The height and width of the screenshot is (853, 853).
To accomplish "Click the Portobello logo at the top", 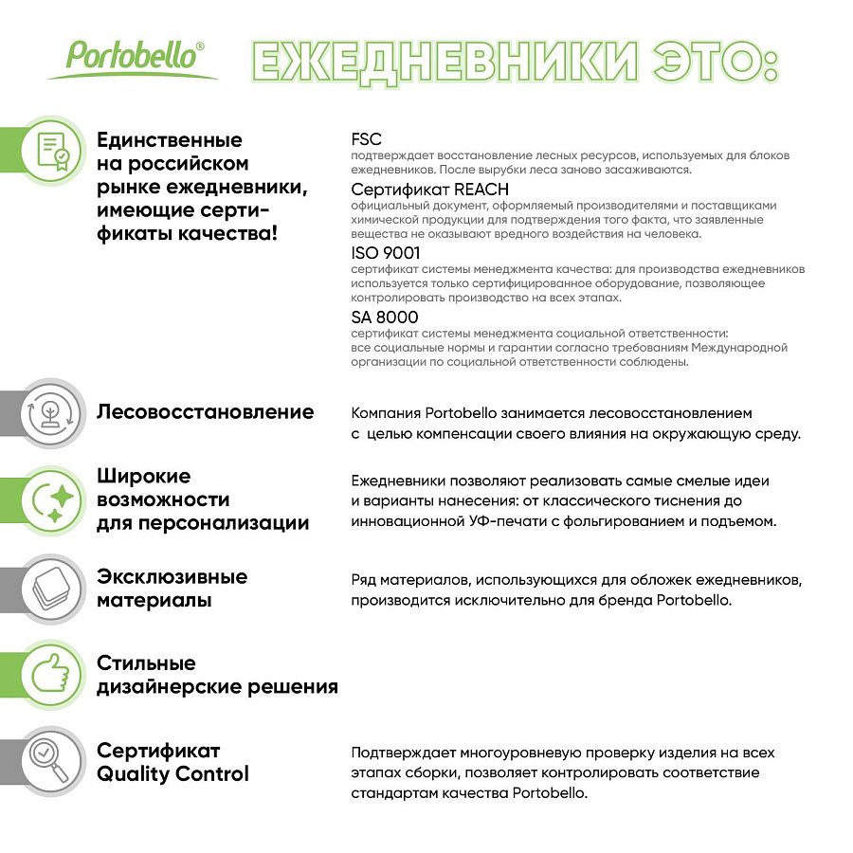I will click(133, 55).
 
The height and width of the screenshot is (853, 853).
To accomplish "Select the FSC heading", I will click(366, 139).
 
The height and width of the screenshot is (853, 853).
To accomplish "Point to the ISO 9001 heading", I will click(385, 253).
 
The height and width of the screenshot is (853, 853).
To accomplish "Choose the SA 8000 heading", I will click(384, 317).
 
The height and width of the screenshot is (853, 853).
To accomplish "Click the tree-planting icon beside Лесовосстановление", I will click(52, 411).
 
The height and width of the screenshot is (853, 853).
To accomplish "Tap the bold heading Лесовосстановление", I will click(205, 412).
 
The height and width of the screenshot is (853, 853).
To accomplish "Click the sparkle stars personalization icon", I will click(52, 499).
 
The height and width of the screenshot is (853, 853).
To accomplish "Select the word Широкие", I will click(143, 476).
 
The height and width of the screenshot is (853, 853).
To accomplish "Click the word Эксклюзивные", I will click(172, 577).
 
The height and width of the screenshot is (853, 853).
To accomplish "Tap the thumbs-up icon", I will click(52, 673).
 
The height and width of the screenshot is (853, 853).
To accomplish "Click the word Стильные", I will click(146, 662).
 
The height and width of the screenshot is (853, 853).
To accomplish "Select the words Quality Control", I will click(172, 774).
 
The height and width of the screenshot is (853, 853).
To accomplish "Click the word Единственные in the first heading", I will click(170, 140).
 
